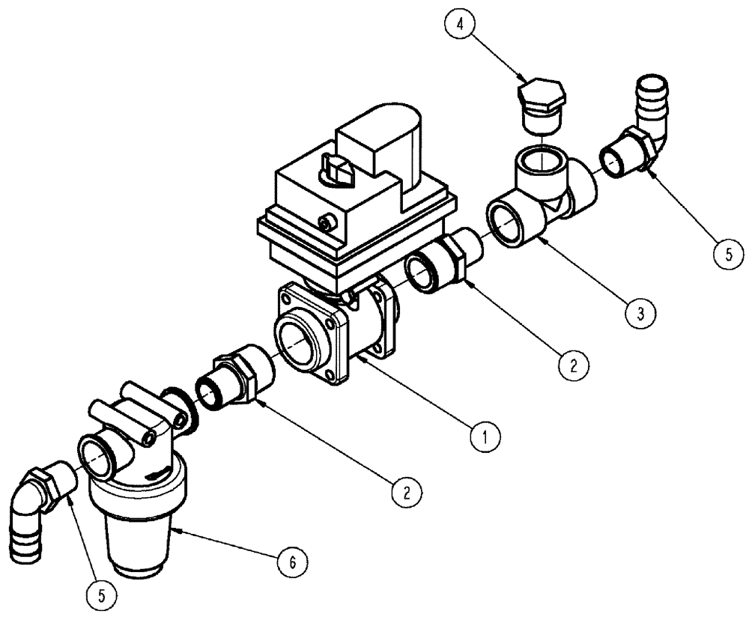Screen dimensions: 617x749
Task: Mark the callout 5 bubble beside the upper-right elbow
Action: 724,254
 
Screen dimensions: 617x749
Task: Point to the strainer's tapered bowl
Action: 139,539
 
